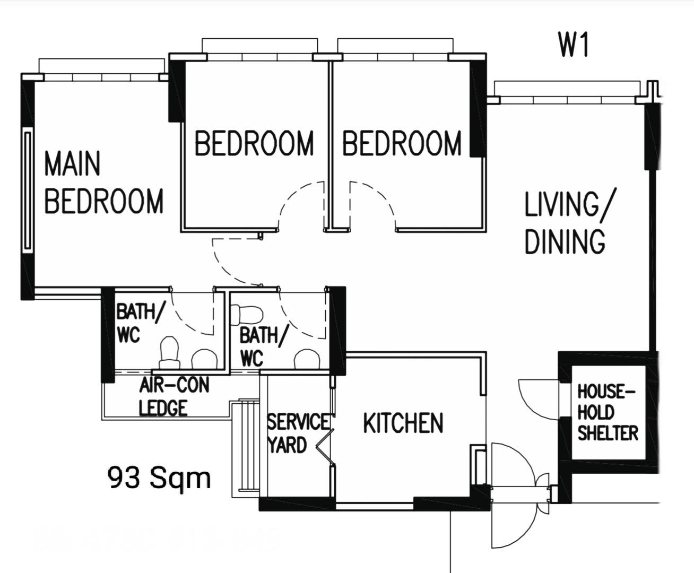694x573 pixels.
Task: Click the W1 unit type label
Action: coord(574,46)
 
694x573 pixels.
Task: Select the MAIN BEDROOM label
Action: coord(104,183)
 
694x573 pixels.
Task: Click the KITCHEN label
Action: coord(403,423)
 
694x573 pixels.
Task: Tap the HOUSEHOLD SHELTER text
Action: coord(608,413)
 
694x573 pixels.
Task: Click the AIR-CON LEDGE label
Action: coord(174,396)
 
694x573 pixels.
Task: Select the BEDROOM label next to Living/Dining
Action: coord(402,143)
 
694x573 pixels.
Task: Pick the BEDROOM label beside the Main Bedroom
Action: coord(254,143)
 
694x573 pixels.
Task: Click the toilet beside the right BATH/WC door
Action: coord(247,315)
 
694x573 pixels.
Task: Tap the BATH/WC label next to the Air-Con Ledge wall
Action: coord(140,323)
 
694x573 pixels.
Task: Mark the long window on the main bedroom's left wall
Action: coord(28,190)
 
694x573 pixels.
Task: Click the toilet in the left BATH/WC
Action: coord(169,353)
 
